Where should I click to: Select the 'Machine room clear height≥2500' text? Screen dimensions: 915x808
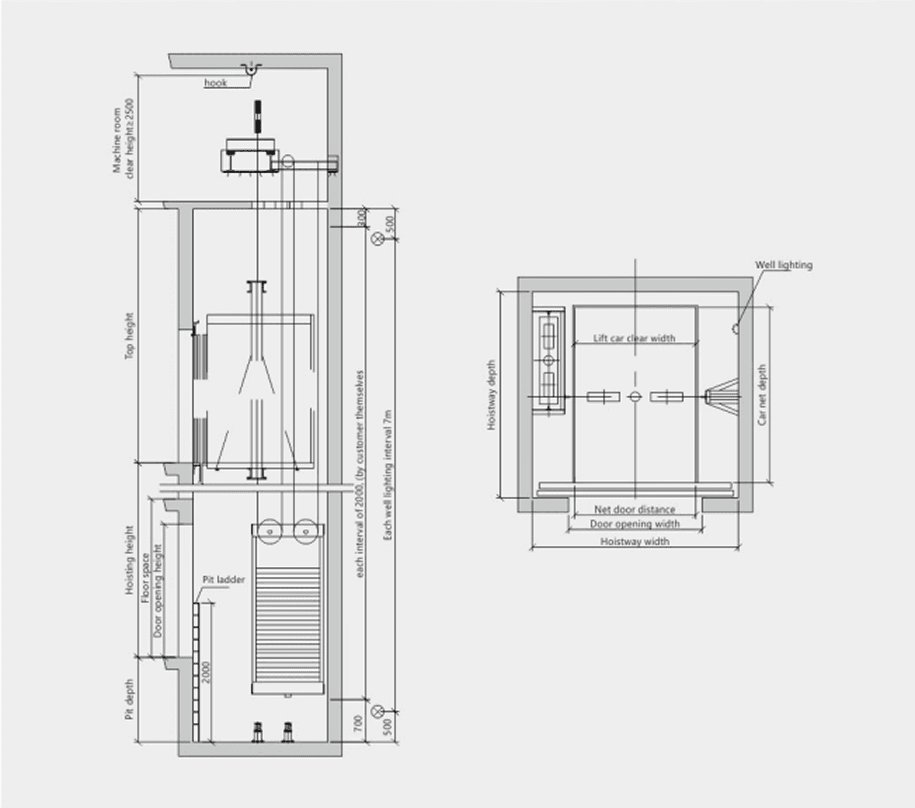point(123,139)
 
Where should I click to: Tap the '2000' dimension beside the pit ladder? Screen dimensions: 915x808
point(206,673)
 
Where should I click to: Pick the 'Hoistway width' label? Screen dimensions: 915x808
point(635,541)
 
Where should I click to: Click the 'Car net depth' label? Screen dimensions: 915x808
point(762,394)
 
